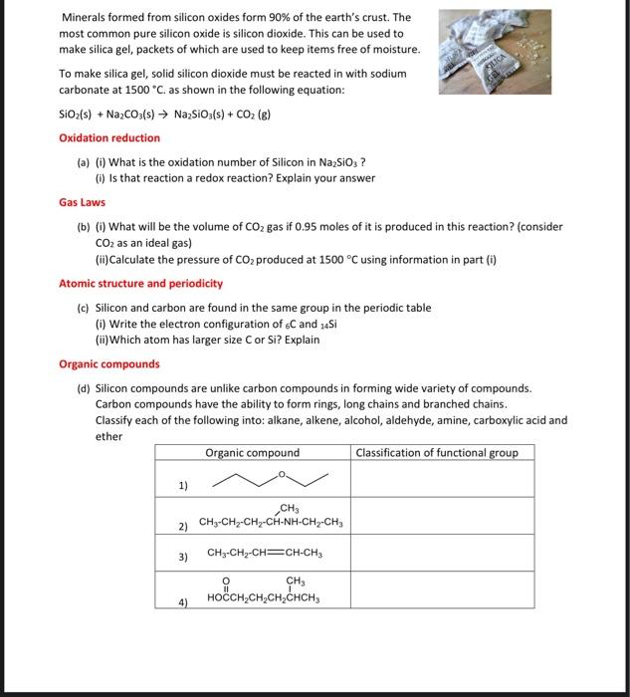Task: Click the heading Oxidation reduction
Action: [109, 138]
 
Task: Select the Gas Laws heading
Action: [83, 202]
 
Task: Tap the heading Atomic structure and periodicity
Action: [140, 284]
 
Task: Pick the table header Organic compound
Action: [252, 453]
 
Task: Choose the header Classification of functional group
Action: [436, 453]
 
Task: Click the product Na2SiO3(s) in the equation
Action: [202, 115]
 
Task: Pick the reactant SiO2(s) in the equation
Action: [78, 115]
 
